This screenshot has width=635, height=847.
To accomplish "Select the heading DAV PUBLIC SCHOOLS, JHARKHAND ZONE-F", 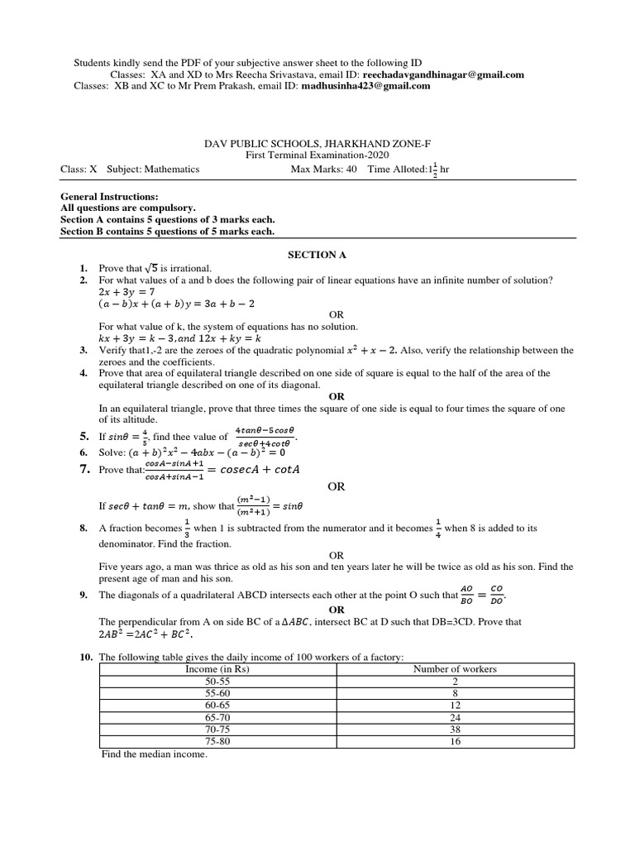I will (x=317, y=143).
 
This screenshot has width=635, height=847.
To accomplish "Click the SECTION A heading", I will (x=317, y=255).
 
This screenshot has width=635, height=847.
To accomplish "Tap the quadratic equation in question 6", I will (x=203, y=452).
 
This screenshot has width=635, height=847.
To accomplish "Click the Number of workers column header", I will (x=455, y=669).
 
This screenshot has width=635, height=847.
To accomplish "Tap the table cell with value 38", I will (x=455, y=730).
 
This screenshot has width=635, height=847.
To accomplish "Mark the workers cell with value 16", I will (x=455, y=743).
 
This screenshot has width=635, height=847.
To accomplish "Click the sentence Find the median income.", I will (x=154, y=754).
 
